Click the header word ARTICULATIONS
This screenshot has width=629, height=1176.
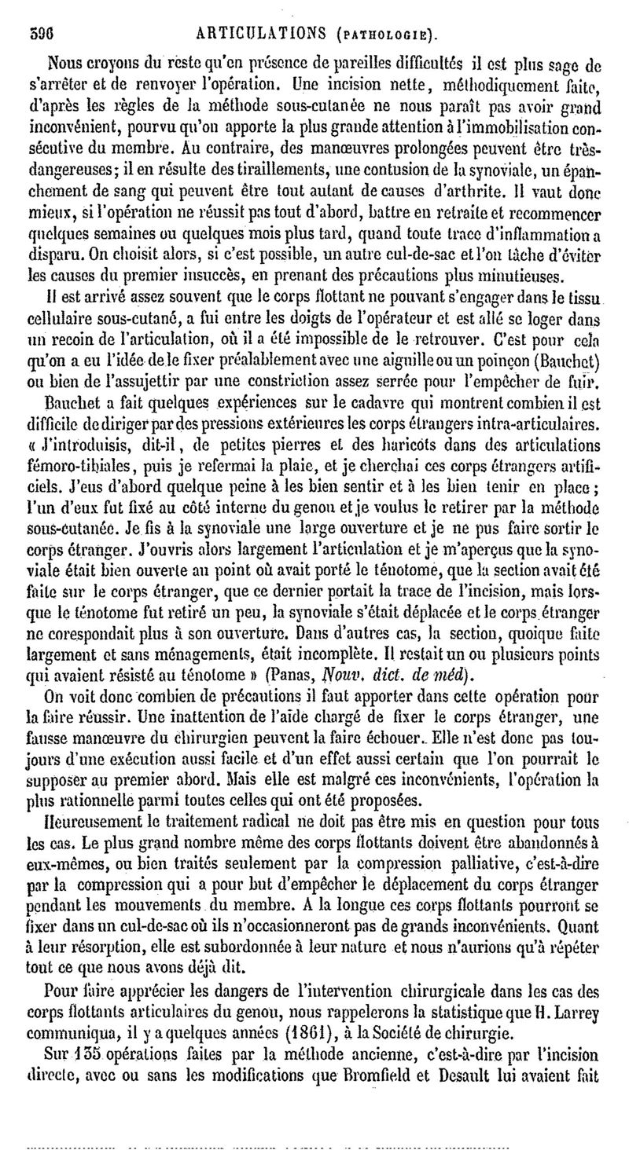248,35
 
